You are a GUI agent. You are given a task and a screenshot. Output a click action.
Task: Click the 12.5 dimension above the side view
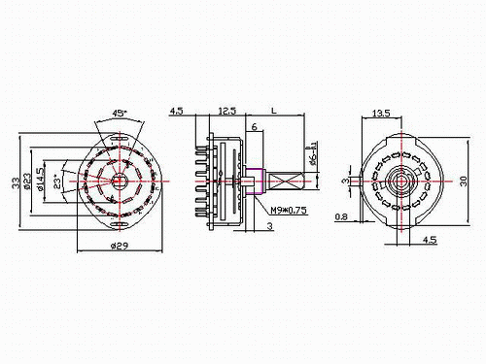tap(226, 111)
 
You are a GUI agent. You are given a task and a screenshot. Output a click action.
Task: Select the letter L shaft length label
tap(276, 112)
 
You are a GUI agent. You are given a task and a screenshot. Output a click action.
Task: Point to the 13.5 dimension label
tap(383, 114)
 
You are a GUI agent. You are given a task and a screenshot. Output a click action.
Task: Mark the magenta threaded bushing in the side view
tap(257, 182)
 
